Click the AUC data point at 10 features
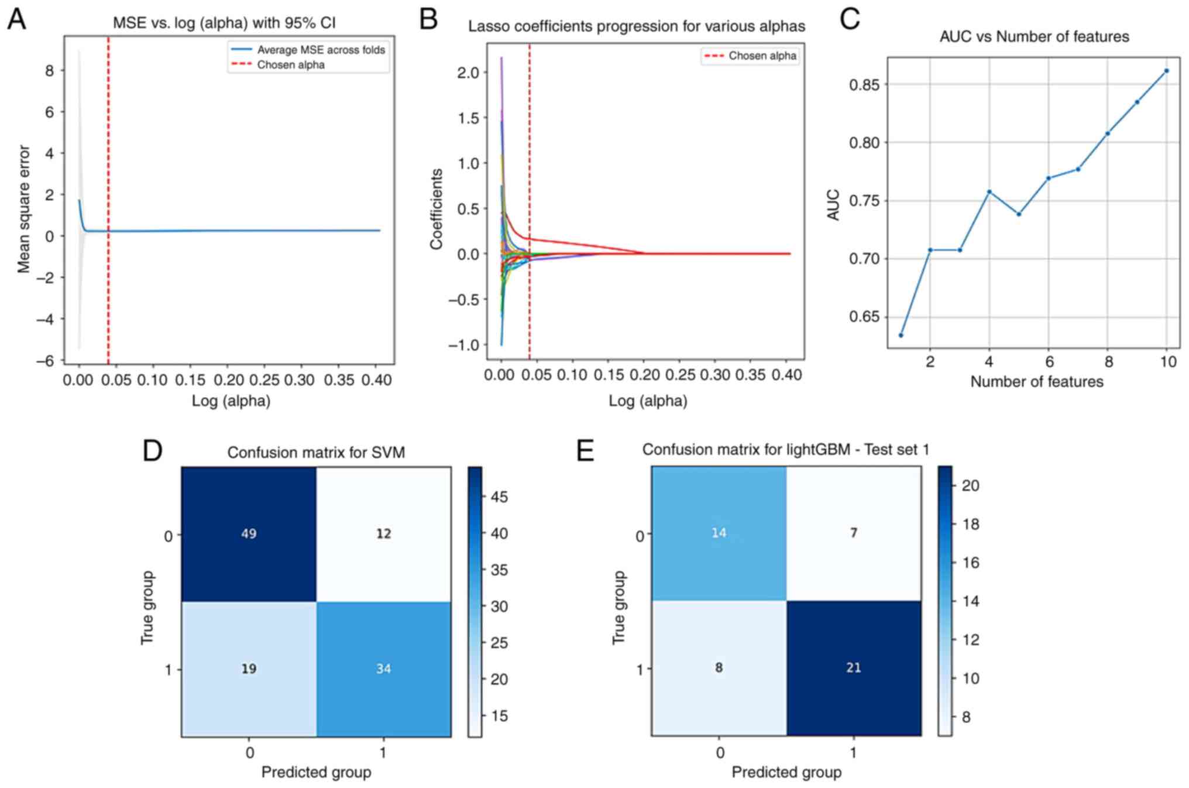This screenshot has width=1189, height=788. [1166, 71]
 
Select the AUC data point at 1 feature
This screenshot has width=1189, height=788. [901, 335]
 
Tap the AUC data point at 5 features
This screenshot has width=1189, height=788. [1019, 214]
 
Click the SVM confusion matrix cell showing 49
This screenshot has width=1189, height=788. [249, 534]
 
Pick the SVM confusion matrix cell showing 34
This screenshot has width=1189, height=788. [383, 669]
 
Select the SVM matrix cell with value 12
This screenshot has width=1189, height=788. [383, 534]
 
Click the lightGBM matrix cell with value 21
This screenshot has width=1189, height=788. [853, 668]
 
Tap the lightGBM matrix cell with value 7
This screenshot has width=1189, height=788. [853, 533]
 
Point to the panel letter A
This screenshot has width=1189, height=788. [16, 19]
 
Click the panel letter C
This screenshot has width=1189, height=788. [850, 19]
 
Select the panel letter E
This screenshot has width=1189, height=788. [585, 451]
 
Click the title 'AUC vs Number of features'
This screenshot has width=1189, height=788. [1034, 37]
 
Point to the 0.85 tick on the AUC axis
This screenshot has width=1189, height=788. [865, 85]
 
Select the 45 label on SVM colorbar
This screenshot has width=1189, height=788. [499, 498]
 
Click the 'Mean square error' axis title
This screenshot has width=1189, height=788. [23, 209]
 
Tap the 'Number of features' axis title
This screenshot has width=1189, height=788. [1036, 382]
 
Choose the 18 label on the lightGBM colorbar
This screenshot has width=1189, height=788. [970, 524]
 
